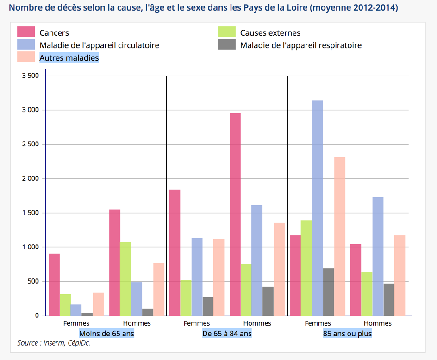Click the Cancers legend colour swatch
(26, 32)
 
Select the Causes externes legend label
(270, 32)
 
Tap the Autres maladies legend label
(69, 58)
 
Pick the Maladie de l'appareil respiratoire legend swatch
(227, 45)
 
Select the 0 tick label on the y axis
(37, 316)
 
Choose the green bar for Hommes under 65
(125, 278)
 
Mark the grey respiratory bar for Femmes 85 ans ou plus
(329, 292)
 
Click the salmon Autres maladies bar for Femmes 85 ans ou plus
(340, 236)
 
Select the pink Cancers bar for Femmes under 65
(54, 284)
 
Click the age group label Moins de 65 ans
(106, 334)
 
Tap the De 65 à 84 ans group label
(227, 334)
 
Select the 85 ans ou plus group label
(347, 334)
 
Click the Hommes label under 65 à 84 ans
(257, 323)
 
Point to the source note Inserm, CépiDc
(54, 343)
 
